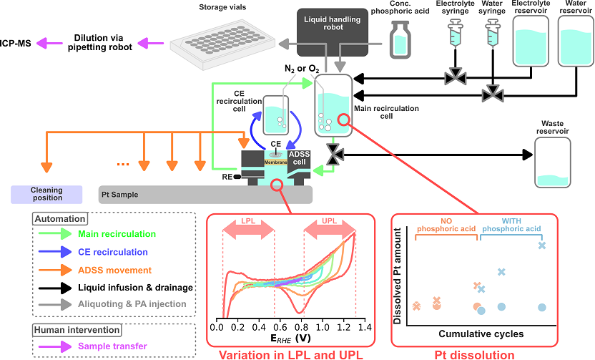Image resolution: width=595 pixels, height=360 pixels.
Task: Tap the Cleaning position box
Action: [x=46, y=194]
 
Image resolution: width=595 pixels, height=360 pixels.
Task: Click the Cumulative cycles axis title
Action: [x=480, y=334]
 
